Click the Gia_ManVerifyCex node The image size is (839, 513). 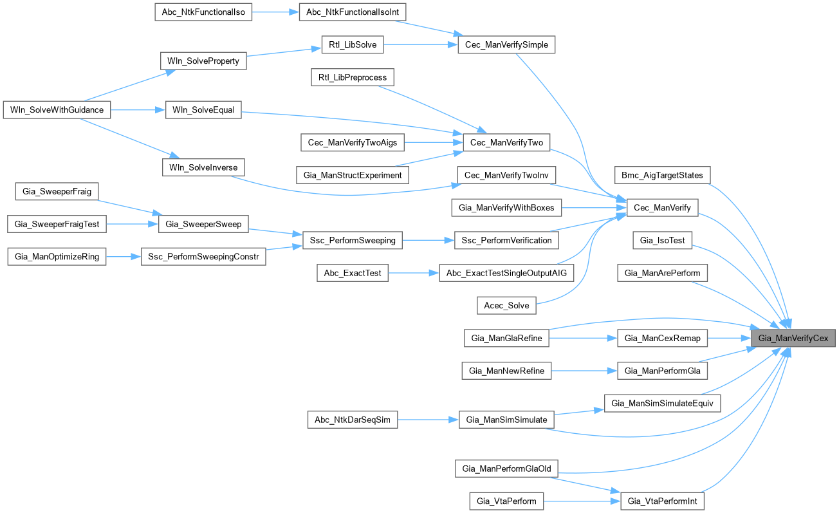[x=793, y=338]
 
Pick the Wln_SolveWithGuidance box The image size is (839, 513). [x=57, y=110]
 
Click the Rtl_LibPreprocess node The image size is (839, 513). [x=352, y=77]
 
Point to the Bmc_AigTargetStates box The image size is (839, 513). [x=662, y=174]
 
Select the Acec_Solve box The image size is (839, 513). [x=506, y=305]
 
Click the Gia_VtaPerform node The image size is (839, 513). [x=506, y=500]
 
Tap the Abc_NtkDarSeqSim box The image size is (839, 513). [x=352, y=420]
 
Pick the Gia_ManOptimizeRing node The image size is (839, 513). [x=57, y=256]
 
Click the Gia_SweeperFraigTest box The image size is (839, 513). [x=57, y=223]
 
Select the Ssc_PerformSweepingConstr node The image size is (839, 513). [x=203, y=256]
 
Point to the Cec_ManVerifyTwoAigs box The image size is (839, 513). [x=352, y=142]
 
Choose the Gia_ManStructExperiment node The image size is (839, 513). [x=352, y=174]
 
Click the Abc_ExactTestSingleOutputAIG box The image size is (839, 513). [x=506, y=273]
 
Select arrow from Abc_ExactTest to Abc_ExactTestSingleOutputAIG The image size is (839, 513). [x=413, y=273]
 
